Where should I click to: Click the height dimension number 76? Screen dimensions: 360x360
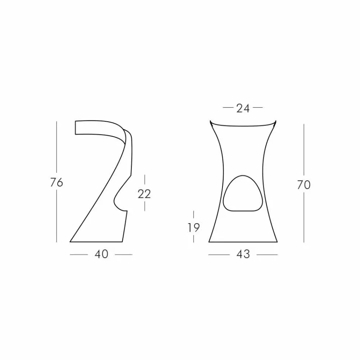pos(56,182)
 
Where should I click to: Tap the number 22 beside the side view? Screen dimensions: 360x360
pos(144,194)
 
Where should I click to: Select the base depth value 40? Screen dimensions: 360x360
pos(101,254)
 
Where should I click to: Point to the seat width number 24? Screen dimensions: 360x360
pos(243,108)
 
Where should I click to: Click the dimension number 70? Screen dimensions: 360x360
pos(304,185)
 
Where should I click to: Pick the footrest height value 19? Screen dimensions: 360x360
pos(194,227)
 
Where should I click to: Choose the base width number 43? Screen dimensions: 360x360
pos(243,254)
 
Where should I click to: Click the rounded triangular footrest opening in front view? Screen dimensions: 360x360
pos(243,194)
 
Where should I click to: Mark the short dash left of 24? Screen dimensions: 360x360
pos(228,108)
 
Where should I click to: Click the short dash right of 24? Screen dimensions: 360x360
pos(258,108)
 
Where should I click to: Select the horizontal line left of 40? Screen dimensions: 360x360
pos(79,255)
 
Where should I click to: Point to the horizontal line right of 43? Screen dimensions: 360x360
pos(267,255)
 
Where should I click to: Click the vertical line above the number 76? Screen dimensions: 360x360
pos(56,148)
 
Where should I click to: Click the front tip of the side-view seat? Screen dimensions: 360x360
pos(76,128)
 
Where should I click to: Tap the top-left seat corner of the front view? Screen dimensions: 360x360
pos(210,121)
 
